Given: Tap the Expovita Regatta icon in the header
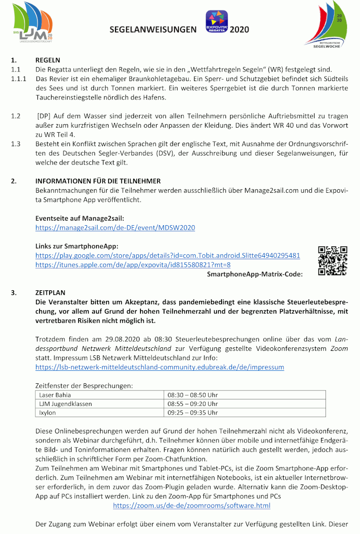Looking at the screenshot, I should click(216, 22).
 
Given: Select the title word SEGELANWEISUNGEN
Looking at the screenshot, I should click(153, 30).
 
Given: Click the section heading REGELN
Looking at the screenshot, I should click(47, 60).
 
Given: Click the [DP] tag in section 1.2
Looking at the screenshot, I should click(43, 116).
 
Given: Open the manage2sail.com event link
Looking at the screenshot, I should click(115, 228).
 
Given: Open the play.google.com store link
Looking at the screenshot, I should click(167, 255).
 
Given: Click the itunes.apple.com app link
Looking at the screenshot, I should click(132, 265).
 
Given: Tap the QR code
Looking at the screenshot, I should click(332, 261).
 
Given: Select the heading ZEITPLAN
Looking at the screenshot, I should click(50, 292).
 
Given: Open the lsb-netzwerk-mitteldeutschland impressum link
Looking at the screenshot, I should click(159, 367).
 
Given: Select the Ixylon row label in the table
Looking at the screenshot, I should click(47, 412).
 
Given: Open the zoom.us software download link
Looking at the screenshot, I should click(191, 506).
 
